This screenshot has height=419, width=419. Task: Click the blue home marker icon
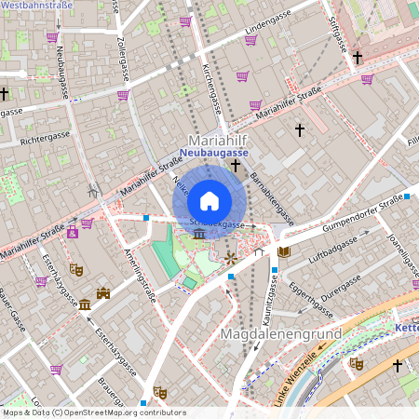[x=209, y=200]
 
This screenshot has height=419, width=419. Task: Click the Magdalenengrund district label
[x=280, y=332]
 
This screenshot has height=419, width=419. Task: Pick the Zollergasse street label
[x=119, y=57]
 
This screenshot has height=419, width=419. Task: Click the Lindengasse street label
[x=268, y=33]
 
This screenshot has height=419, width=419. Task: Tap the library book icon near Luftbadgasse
[x=284, y=252]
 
